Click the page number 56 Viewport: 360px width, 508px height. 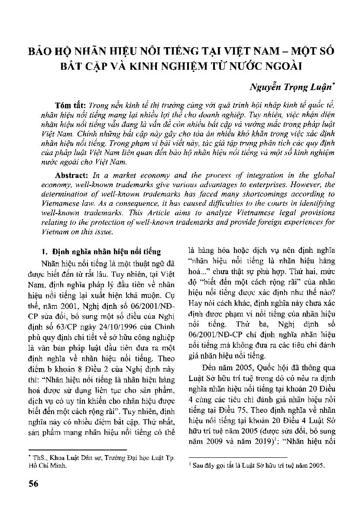click(32, 483)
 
